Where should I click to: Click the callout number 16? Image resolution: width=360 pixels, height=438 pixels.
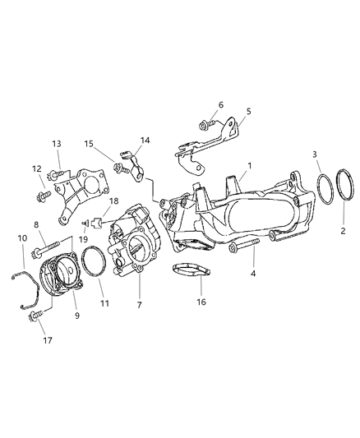tap(201, 302)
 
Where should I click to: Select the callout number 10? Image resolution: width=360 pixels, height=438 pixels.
tap(22, 238)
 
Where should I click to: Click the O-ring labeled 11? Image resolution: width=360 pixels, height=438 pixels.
tap(92, 265)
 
